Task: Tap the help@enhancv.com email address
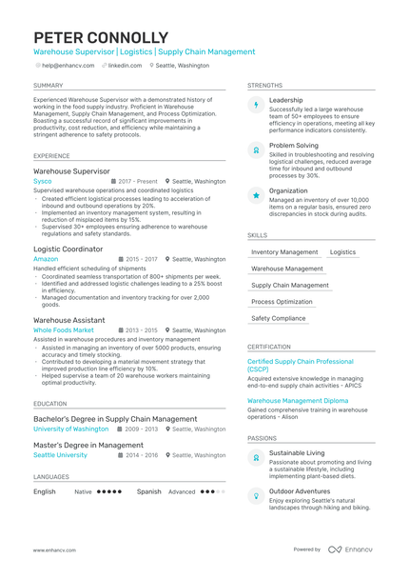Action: click(x=68, y=66)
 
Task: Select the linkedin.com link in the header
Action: click(x=125, y=66)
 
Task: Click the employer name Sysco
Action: click(x=43, y=181)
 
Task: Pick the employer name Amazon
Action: click(x=46, y=259)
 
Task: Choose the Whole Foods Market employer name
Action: click(x=64, y=330)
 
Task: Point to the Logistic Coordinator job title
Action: click(x=68, y=249)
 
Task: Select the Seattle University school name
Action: click(x=60, y=455)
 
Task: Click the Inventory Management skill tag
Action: click(x=284, y=252)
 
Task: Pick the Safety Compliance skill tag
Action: click(x=279, y=318)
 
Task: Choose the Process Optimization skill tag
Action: click(x=282, y=302)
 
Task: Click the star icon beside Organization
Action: click(x=256, y=194)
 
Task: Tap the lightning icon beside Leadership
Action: click(x=256, y=105)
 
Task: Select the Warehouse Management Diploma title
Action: click(x=298, y=401)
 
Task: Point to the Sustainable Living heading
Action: click(x=297, y=453)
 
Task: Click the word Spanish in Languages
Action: click(x=148, y=491)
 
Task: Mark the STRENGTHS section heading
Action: click(x=264, y=85)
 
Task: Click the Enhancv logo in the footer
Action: click(x=352, y=549)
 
